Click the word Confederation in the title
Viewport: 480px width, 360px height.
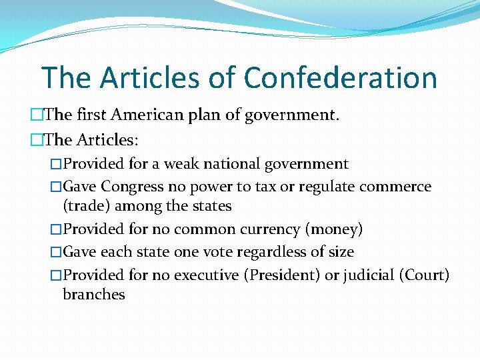tap(340, 77)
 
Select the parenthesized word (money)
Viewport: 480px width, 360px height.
tap(334, 230)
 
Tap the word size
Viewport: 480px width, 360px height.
tap(341, 252)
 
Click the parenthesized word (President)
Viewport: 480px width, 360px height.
tap(281, 275)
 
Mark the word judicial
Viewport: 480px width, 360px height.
tap(369, 275)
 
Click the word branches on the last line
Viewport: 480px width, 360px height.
tap(93, 294)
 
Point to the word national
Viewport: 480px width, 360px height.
tap(241, 164)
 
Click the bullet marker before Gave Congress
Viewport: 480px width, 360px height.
tap(56, 187)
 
